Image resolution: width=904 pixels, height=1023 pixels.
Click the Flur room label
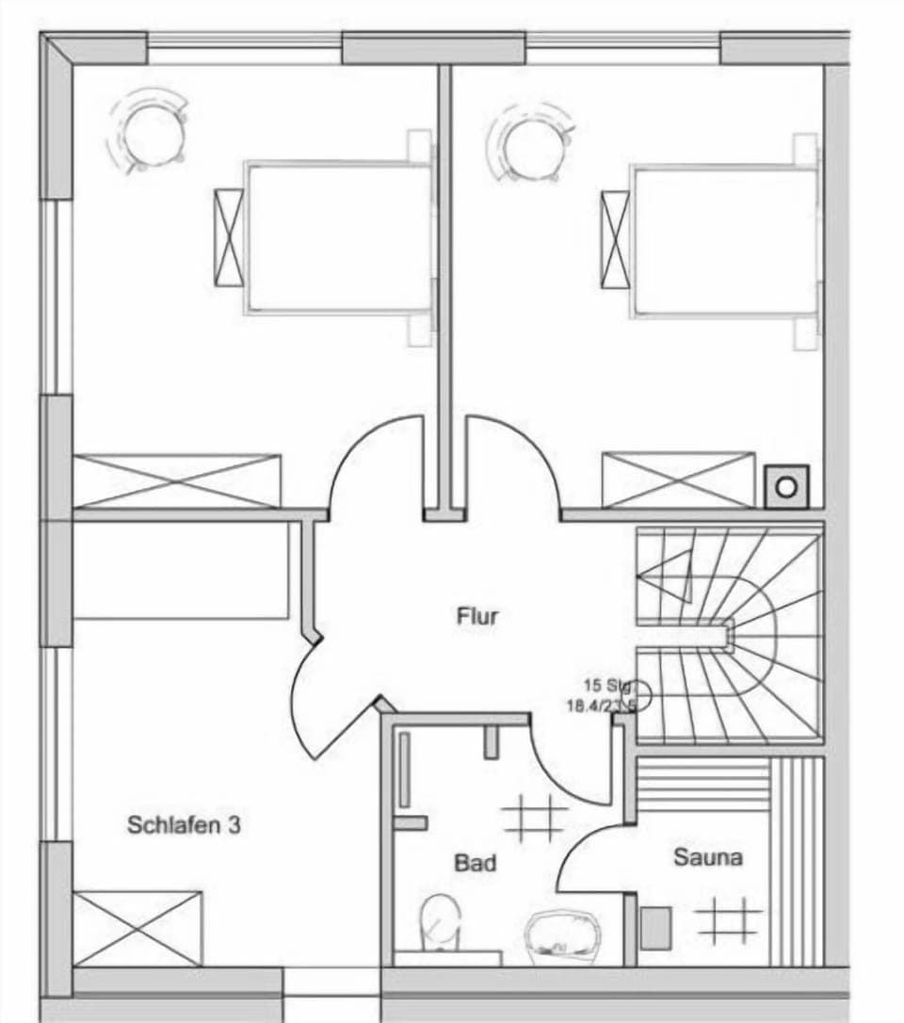(x=477, y=617)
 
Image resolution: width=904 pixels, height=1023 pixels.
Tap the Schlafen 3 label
(x=184, y=826)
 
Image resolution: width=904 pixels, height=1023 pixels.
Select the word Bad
(x=476, y=862)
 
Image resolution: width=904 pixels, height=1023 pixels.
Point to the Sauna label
(x=707, y=857)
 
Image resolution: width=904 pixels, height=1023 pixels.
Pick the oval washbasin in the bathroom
(x=562, y=936)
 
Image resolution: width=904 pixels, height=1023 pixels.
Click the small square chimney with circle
(x=786, y=487)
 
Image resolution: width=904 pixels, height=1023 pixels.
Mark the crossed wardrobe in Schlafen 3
(x=137, y=928)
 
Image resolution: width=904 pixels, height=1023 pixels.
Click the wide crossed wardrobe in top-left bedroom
(x=177, y=480)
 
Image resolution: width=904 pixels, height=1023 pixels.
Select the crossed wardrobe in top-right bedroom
(x=678, y=480)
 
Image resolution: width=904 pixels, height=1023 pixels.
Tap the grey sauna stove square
(x=655, y=928)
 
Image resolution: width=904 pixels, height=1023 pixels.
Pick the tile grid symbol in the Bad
(x=534, y=817)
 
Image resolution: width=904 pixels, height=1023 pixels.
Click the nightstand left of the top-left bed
(x=229, y=236)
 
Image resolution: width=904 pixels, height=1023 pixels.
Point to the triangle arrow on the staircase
(x=670, y=570)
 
